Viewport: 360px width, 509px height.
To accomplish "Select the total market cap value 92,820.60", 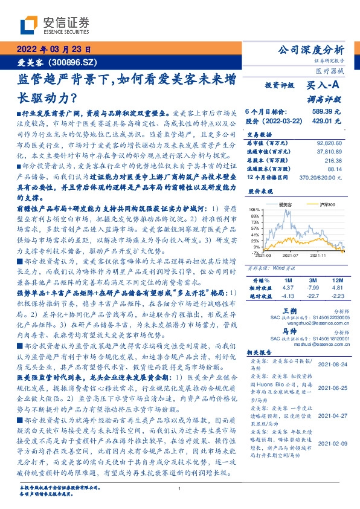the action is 329,143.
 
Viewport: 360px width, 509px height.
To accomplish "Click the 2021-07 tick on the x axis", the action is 291,256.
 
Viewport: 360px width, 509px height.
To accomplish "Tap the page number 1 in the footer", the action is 179,488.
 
